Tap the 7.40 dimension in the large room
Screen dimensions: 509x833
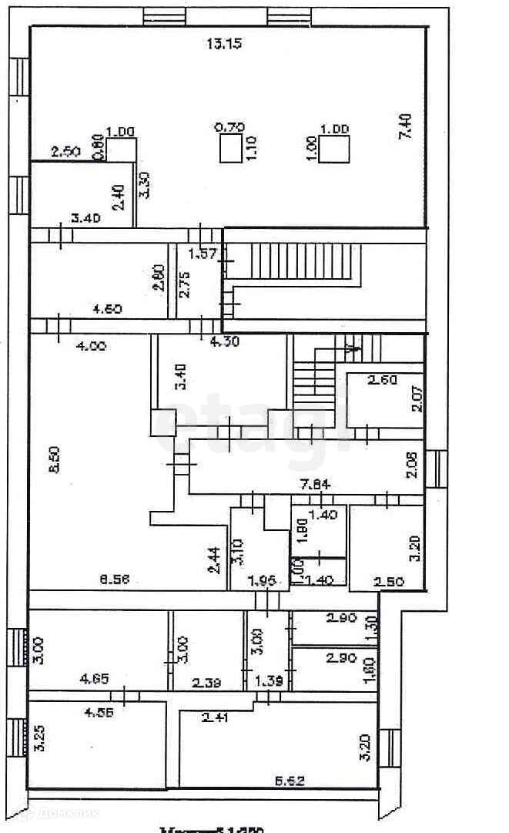coord(406,127)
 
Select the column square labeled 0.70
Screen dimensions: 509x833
coord(229,148)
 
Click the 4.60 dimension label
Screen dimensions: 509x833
coord(109,310)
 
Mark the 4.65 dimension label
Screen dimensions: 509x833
coord(95,680)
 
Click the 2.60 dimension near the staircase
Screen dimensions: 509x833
coord(382,379)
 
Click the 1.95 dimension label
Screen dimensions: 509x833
coord(263,581)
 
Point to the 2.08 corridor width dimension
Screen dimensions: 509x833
coord(413,465)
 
